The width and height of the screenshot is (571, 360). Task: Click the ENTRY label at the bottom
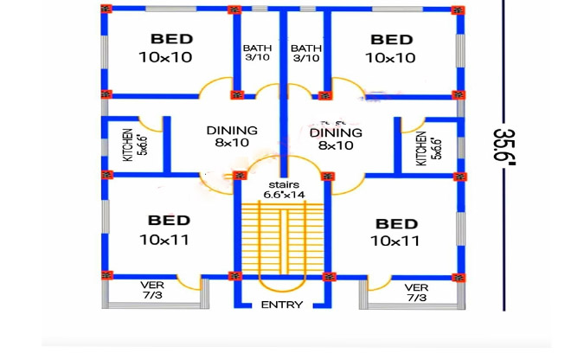click(281, 305)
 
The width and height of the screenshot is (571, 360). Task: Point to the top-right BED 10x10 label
click(391, 48)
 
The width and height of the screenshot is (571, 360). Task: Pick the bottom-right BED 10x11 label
click(395, 231)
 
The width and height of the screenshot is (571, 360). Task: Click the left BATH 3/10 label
click(257, 53)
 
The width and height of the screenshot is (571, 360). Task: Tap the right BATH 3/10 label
click(305, 53)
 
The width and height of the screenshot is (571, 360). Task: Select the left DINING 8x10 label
click(231, 137)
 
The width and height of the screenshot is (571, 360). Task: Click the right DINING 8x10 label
click(336, 138)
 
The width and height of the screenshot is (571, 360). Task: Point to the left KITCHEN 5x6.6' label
click(135, 145)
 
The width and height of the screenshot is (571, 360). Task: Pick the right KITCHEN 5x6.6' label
click(427, 148)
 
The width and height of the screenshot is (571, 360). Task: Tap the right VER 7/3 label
click(416, 292)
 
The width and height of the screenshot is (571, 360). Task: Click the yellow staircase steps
click(281, 238)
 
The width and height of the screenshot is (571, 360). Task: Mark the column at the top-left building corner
click(106, 10)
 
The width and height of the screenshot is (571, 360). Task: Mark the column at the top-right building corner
click(458, 10)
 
